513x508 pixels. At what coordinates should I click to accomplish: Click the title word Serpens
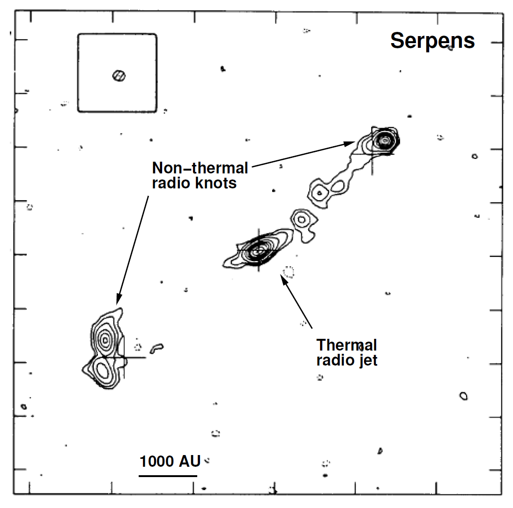click(x=432, y=41)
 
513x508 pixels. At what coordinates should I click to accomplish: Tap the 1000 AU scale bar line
click(x=168, y=476)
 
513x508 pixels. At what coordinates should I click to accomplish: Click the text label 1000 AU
click(x=170, y=461)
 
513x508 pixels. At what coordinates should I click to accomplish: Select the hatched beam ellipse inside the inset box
click(x=119, y=75)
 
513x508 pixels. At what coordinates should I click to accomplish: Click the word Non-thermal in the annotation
click(x=200, y=168)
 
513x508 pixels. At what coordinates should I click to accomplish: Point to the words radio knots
click(x=194, y=183)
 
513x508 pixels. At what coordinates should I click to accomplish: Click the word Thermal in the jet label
click(x=347, y=345)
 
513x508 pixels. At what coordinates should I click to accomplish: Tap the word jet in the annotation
click(x=368, y=360)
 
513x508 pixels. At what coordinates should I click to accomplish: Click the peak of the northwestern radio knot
click(x=385, y=140)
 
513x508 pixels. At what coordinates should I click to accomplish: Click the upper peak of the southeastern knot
click(x=105, y=338)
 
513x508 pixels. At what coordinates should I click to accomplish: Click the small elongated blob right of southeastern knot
click(x=156, y=348)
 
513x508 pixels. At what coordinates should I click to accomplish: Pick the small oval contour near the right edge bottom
click(x=463, y=396)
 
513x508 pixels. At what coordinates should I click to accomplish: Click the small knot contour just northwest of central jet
click(x=301, y=218)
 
